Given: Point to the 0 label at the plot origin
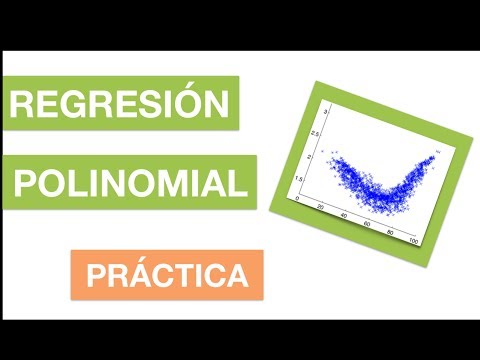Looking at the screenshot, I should [296, 199].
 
